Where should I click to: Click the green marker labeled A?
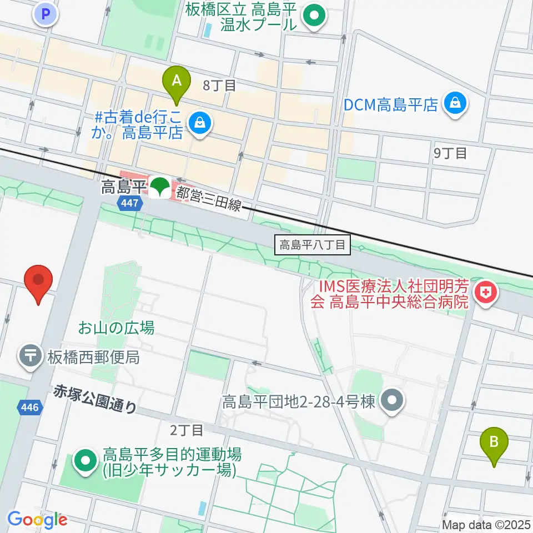click(177, 82)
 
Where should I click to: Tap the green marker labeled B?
click(494, 443)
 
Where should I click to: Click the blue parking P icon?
click(46, 13)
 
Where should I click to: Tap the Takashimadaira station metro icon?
click(160, 187)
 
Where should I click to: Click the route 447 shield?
click(128, 204)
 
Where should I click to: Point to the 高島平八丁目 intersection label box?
click(313, 244)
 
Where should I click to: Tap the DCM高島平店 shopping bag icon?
click(455, 103)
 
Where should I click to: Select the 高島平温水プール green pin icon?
click(314, 16)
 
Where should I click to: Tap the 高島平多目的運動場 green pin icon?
click(86, 460)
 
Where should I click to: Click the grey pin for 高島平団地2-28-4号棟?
click(393, 401)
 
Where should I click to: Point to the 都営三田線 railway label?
click(209, 199)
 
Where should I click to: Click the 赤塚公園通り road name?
click(95, 400)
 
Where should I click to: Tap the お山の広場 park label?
click(116, 328)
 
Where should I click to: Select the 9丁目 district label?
click(450, 153)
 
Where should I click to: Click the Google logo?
click(37, 520)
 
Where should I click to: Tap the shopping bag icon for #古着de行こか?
click(199, 123)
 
